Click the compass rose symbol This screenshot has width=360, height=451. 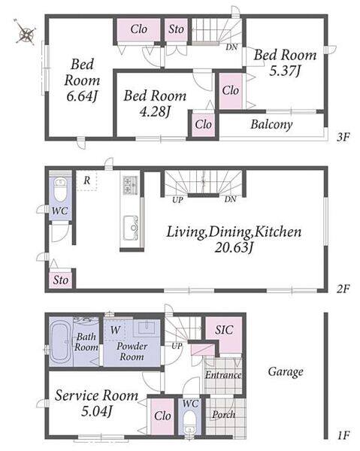point(26,32)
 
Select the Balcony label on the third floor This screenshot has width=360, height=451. point(272,125)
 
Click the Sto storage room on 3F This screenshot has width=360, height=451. point(176,29)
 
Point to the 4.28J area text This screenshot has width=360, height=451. point(155,111)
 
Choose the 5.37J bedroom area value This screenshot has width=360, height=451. point(285,70)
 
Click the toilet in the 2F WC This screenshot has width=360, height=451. point(60,189)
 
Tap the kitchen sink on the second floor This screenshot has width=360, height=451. point(130,228)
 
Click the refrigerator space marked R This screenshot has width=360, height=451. point(87,180)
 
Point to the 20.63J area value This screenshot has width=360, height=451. point(234,247)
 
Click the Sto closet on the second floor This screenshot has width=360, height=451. point(60,280)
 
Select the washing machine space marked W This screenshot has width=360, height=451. point(115,330)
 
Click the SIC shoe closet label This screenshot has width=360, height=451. point(224,330)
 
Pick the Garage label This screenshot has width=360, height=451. point(286,372)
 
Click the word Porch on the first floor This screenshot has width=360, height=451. point(224,414)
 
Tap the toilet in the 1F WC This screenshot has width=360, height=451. point(189,422)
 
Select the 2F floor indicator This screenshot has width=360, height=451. point(343,289)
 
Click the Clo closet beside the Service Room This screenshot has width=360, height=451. point(162,416)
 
